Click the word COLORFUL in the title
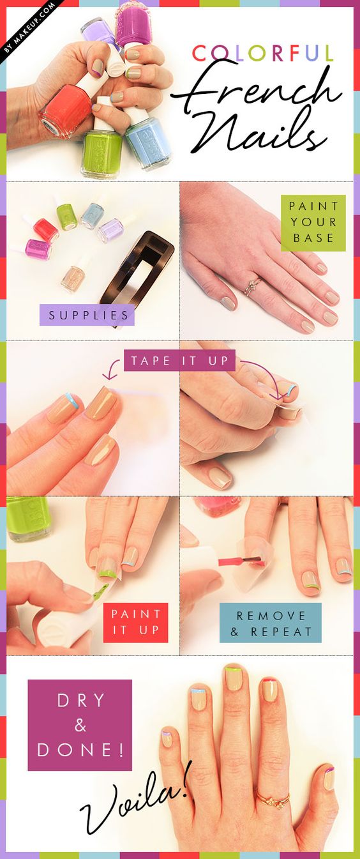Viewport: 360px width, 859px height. tap(262, 53)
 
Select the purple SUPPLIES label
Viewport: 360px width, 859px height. tap(87, 315)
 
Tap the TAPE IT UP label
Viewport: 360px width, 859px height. tap(179, 360)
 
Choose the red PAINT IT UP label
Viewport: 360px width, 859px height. tap(135, 622)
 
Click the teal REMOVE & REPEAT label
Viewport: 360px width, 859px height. tap(270, 623)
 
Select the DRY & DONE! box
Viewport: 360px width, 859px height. tap(80, 725)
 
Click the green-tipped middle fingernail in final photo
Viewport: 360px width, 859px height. tap(234, 678)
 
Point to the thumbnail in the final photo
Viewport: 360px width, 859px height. tap(328, 777)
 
